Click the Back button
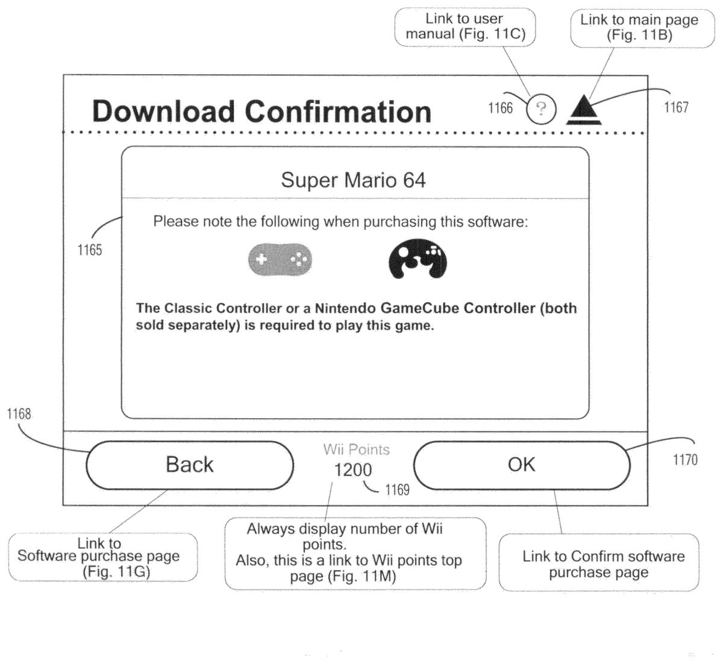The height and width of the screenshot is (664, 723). (x=190, y=465)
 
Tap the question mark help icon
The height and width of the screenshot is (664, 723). (x=541, y=108)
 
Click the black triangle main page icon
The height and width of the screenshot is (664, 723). (x=584, y=110)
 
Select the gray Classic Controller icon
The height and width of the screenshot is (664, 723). (x=280, y=260)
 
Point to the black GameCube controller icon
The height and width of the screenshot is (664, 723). (x=418, y=259)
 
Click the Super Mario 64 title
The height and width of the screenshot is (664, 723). (x=353, y=180)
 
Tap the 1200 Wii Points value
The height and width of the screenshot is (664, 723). (x=353, y=470)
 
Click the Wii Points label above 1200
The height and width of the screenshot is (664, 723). (x=357, y=449)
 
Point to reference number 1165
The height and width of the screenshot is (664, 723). (x=90, y=250)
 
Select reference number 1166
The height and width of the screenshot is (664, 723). (x=500, y=108)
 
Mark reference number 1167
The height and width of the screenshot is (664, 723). (x=676, y=107)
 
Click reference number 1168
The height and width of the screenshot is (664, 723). (x=19, y=414)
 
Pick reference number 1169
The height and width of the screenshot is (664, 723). (x=397, y=490)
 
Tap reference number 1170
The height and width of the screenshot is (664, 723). (x=686, y=460)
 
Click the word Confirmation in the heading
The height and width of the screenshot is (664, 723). (x=338, y=111)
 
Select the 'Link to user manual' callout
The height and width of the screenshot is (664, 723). (x=465, y=27)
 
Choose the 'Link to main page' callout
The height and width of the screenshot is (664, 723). (x=642, y=28)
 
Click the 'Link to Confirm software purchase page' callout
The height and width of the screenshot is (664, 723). (x=599, y=562)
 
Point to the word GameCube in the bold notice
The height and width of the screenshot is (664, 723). (x=420, y=309)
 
